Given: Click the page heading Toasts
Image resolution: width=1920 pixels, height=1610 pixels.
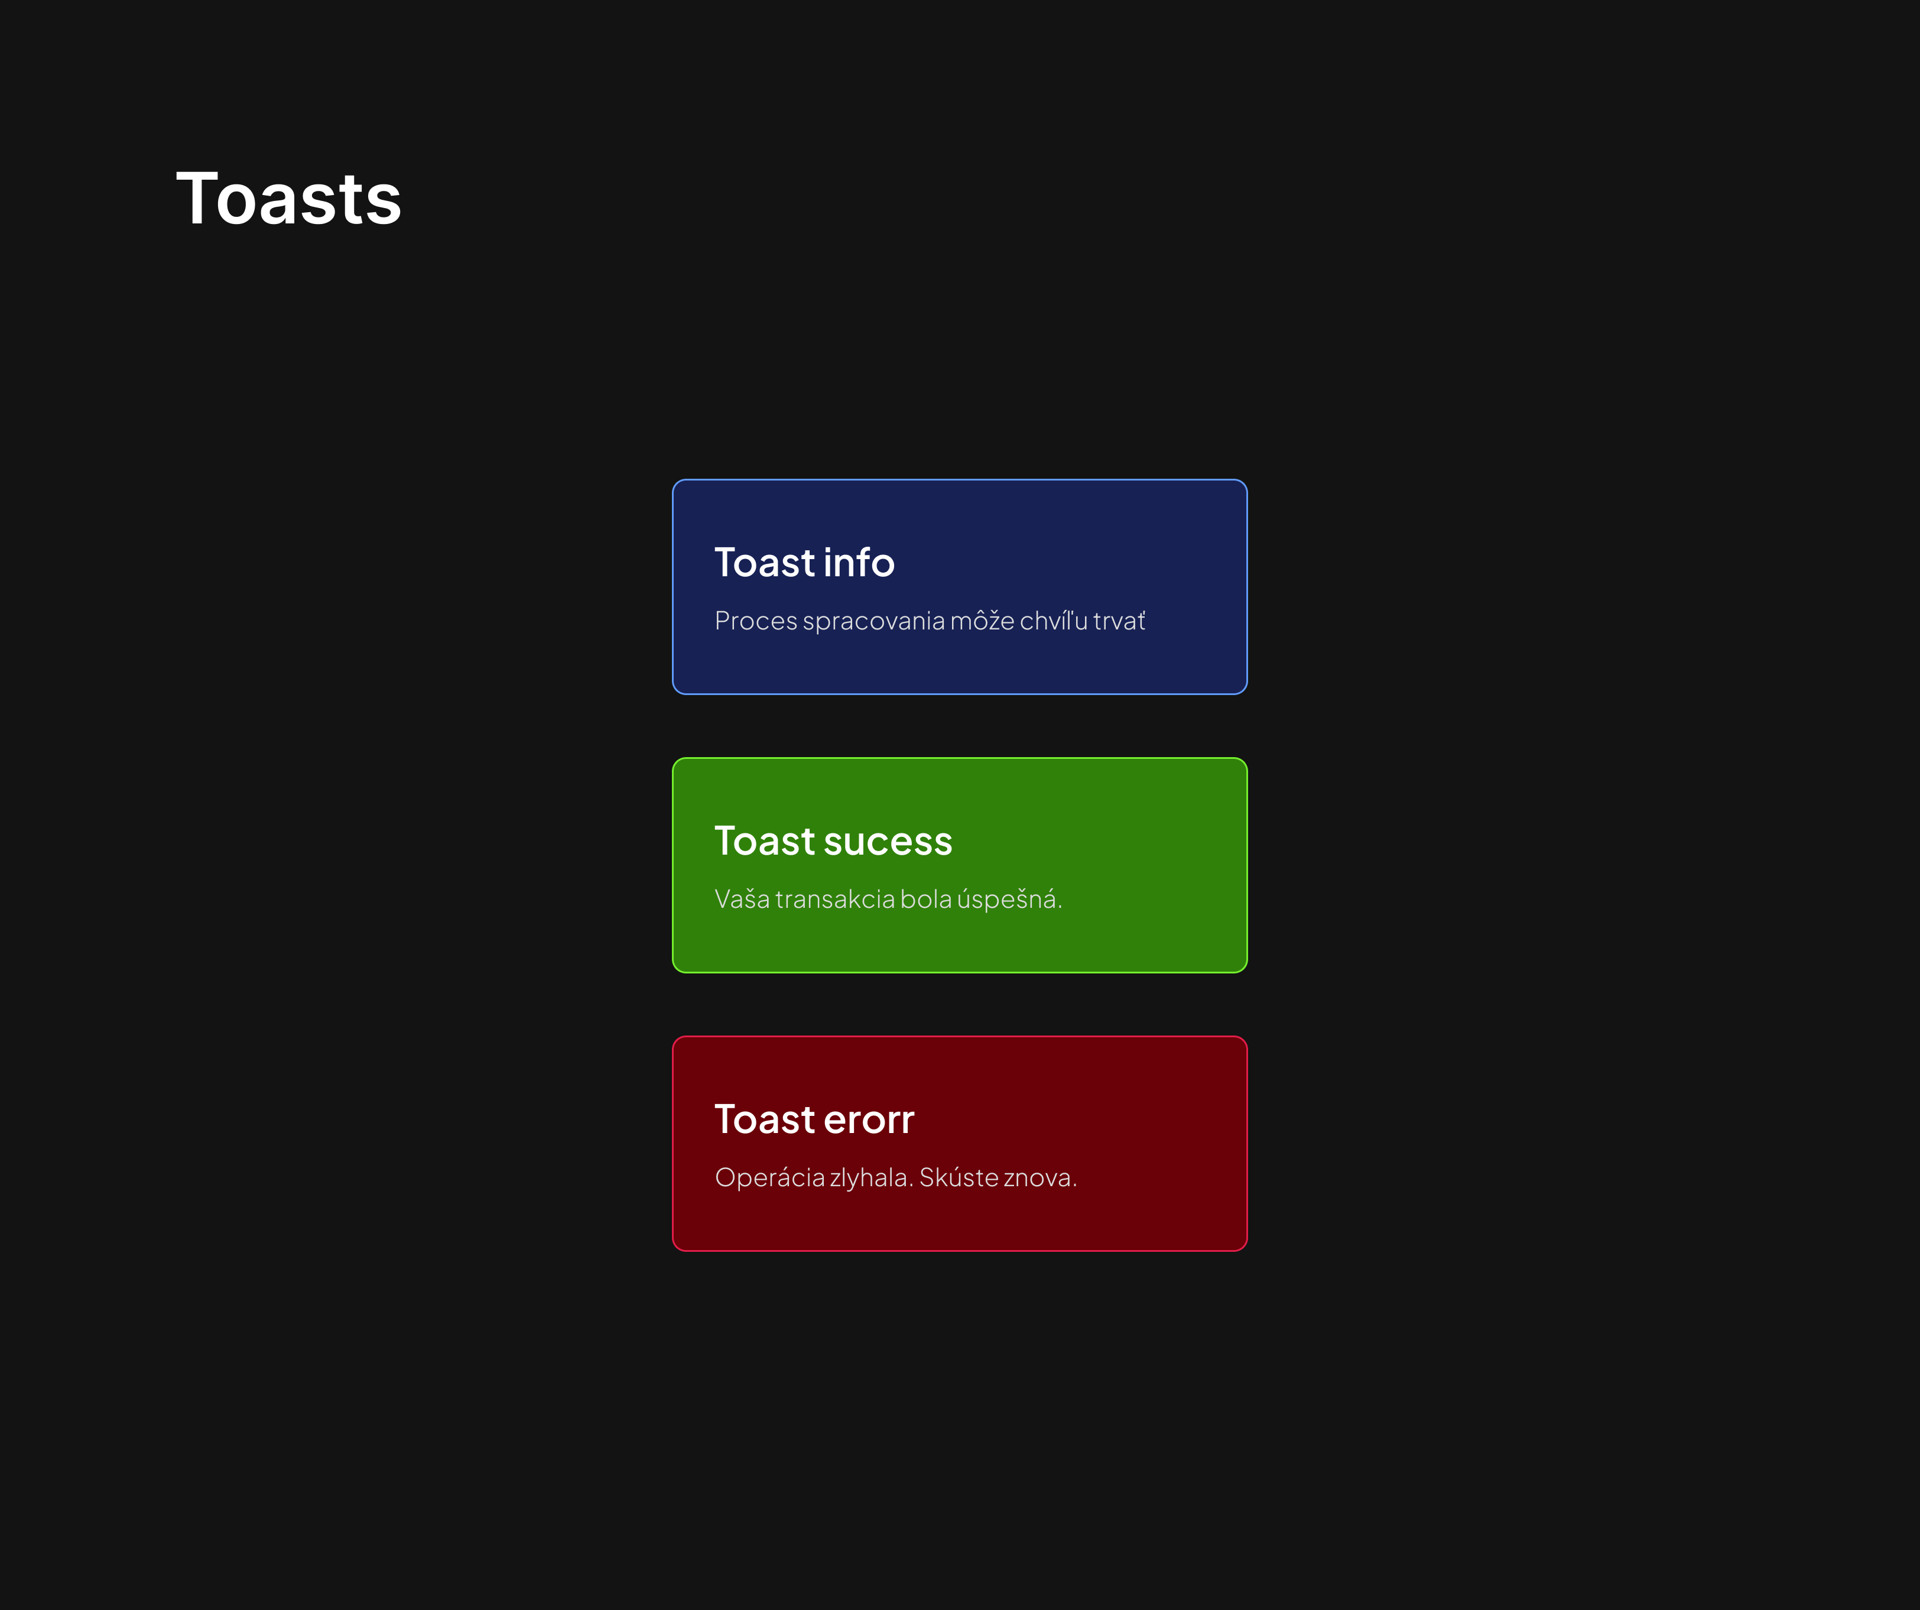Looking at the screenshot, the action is coord(289,199).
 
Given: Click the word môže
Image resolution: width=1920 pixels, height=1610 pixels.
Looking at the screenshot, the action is coord(983,620).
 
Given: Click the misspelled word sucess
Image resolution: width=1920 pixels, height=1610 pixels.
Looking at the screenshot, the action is coord(888,841).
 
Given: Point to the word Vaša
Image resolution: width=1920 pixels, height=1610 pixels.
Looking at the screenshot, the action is coord(742,899).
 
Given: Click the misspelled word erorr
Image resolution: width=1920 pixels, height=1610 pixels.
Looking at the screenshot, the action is coord(869,1121).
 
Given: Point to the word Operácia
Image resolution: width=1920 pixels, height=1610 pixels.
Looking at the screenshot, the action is coord(770,1177).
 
